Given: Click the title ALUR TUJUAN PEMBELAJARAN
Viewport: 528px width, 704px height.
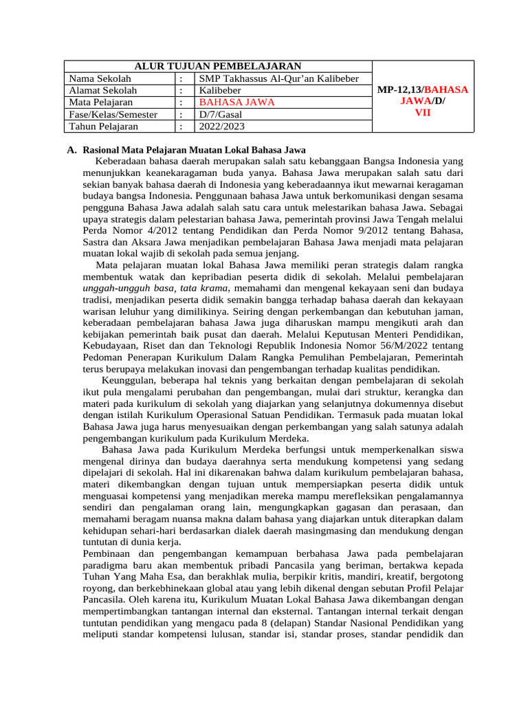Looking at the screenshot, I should pos(217,66).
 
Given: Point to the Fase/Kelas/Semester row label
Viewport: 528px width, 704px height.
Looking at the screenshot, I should pos(113,114).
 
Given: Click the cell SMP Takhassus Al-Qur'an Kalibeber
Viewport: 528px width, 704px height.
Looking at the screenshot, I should pos(278,78).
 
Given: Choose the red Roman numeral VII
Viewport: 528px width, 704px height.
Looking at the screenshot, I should pos(423,112).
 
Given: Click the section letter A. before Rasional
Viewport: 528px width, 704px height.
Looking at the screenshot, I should pos(71,150).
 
